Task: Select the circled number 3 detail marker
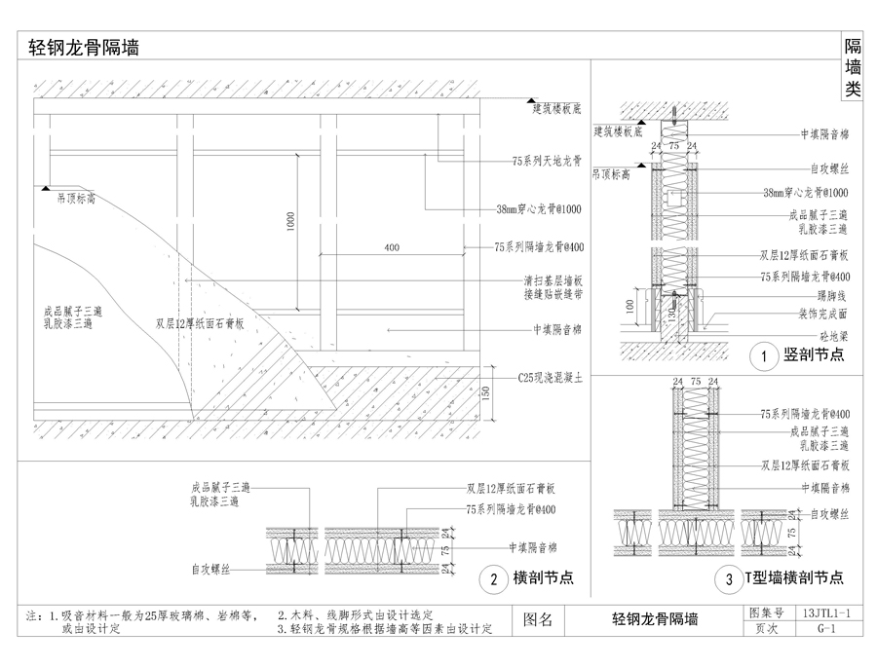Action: (x=728, y=580)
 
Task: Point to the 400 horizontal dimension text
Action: (x=392, y=248)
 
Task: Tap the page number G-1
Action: (x=826, y=628)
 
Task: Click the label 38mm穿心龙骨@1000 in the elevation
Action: (x=537, y=208)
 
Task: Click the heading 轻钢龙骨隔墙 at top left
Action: (x=83, y=48)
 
